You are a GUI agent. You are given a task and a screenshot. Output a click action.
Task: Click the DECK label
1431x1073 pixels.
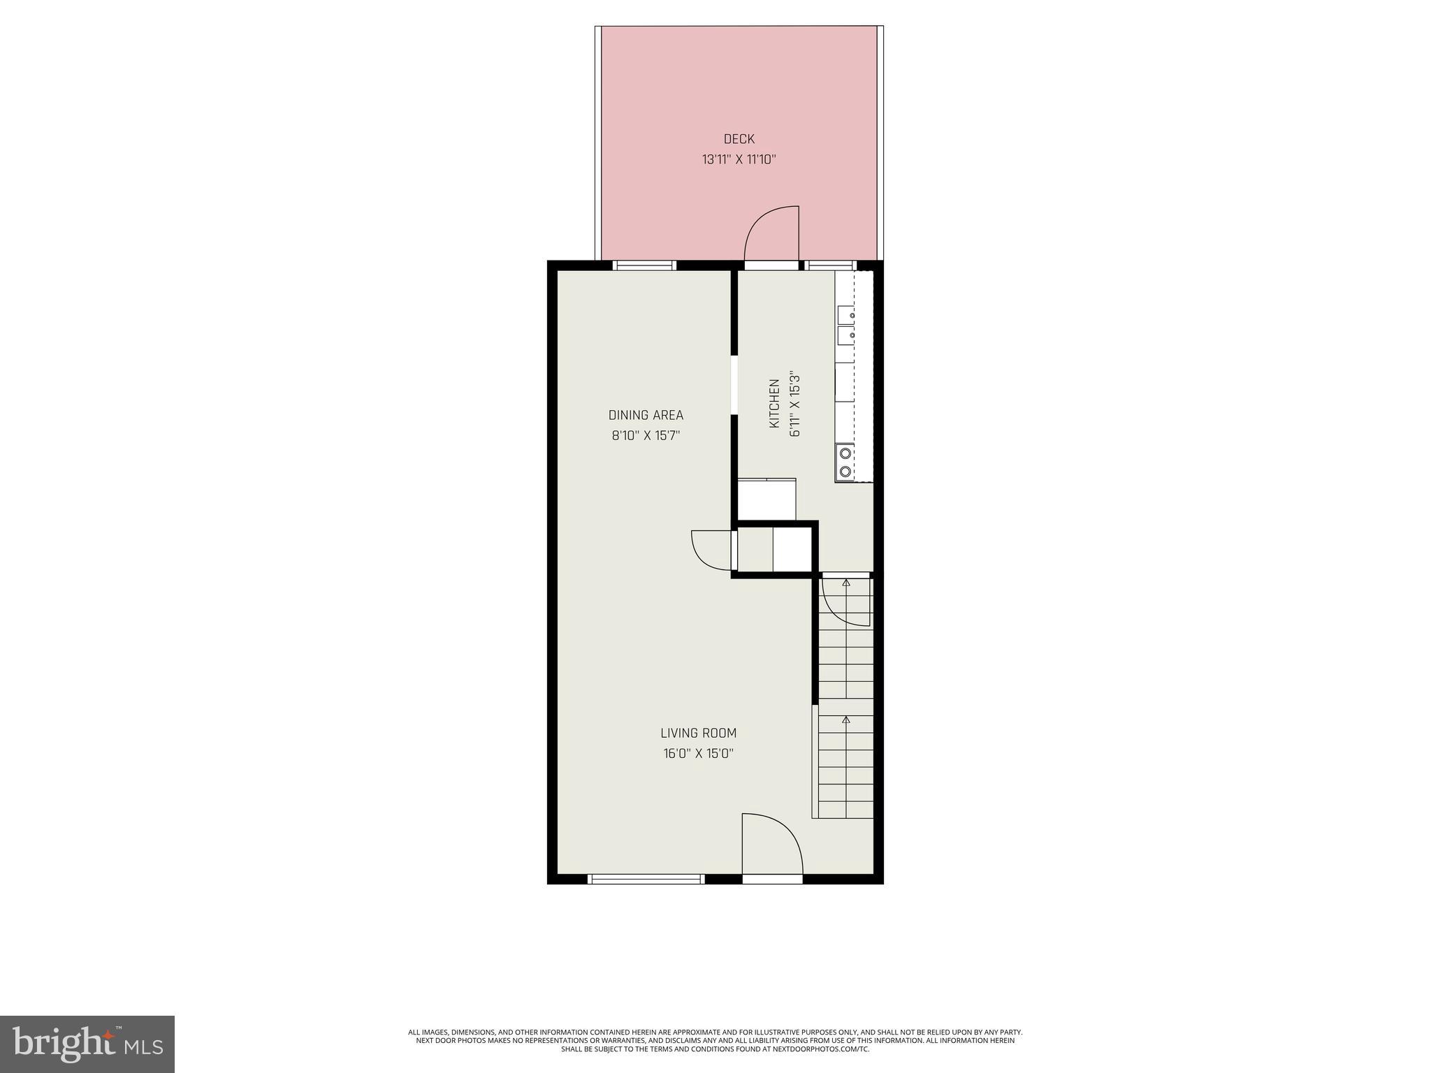739,139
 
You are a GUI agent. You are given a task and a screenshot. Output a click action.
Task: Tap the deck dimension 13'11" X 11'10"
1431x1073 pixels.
739,160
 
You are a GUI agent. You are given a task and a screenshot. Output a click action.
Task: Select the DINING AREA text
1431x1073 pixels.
646,415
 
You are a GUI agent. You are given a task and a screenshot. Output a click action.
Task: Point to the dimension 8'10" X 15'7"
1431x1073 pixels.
646,436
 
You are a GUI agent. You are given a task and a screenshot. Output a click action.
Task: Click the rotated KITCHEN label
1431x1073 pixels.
774,404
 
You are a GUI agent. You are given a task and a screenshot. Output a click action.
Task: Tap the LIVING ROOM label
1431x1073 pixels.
698,733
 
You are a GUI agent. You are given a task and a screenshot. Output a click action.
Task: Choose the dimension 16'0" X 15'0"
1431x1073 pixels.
698,754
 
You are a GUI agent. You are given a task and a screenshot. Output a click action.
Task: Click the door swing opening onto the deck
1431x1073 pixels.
773,234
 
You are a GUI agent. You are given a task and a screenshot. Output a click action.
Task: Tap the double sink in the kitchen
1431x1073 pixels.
845,325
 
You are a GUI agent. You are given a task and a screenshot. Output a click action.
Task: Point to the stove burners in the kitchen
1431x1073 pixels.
845,461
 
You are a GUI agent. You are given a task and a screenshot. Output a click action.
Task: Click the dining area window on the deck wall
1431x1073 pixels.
645,265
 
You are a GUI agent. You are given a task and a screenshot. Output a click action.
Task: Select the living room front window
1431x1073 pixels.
646,879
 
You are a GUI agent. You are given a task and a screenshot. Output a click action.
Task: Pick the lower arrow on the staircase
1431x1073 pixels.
846,719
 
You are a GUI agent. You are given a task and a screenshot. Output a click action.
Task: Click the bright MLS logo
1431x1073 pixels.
87,1044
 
